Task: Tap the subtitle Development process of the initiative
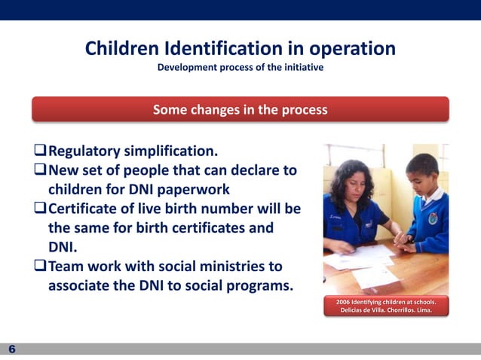tap(240, 68)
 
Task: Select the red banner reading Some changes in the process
tap(240, 109)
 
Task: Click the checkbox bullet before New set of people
tap(41, 170)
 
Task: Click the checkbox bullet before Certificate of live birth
tap(41, 209)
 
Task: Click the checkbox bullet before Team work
tap(41, 267)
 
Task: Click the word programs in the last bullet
tap(252, 286)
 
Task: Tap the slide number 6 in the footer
tap(12, 349)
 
